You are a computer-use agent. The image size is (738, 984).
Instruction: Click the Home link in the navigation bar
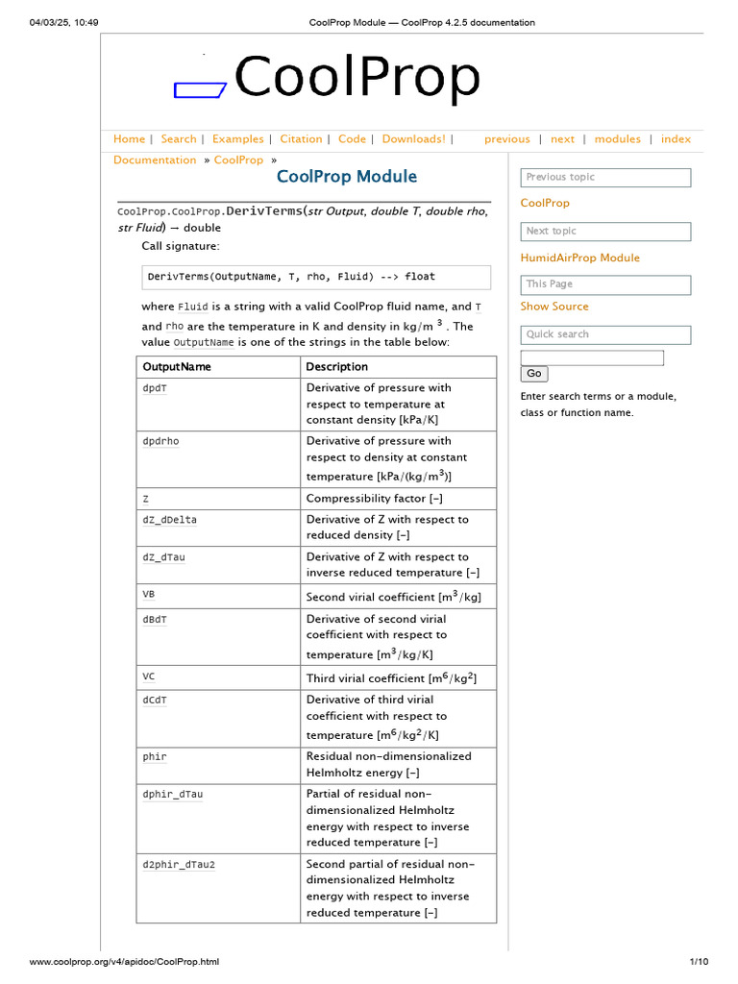[129, 139]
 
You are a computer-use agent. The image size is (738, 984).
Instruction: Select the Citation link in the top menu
[301, 139]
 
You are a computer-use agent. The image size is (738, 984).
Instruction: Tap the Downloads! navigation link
[413, 139]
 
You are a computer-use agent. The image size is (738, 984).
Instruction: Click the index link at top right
[676, 139]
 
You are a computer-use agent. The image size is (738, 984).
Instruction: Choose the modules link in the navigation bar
[617, 139]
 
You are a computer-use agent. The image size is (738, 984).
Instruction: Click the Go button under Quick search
[534, 374]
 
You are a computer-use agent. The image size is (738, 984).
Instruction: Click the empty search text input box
[592, 357]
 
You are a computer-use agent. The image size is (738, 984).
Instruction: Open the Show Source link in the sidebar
[554, 307]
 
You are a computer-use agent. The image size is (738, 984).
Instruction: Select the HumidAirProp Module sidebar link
[579, 258]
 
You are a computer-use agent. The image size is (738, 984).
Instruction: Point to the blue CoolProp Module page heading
[347, 176]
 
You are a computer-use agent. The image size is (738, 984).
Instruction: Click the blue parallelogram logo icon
[200, 90]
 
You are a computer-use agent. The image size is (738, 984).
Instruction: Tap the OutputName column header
[177, 367]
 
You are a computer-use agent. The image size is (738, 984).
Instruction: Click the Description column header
[336, 367]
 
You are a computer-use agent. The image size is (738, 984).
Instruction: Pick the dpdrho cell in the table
[161, 441]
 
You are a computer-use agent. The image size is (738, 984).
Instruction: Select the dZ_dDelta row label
[170, 520]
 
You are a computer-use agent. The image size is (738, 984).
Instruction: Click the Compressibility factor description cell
[374, 499]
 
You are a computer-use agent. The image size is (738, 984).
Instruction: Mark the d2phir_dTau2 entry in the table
[179, 864]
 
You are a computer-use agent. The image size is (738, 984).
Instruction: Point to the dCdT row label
[155, 700]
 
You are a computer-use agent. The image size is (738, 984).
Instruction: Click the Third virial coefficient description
[391, 678]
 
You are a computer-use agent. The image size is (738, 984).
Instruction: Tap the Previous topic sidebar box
[605, 178]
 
